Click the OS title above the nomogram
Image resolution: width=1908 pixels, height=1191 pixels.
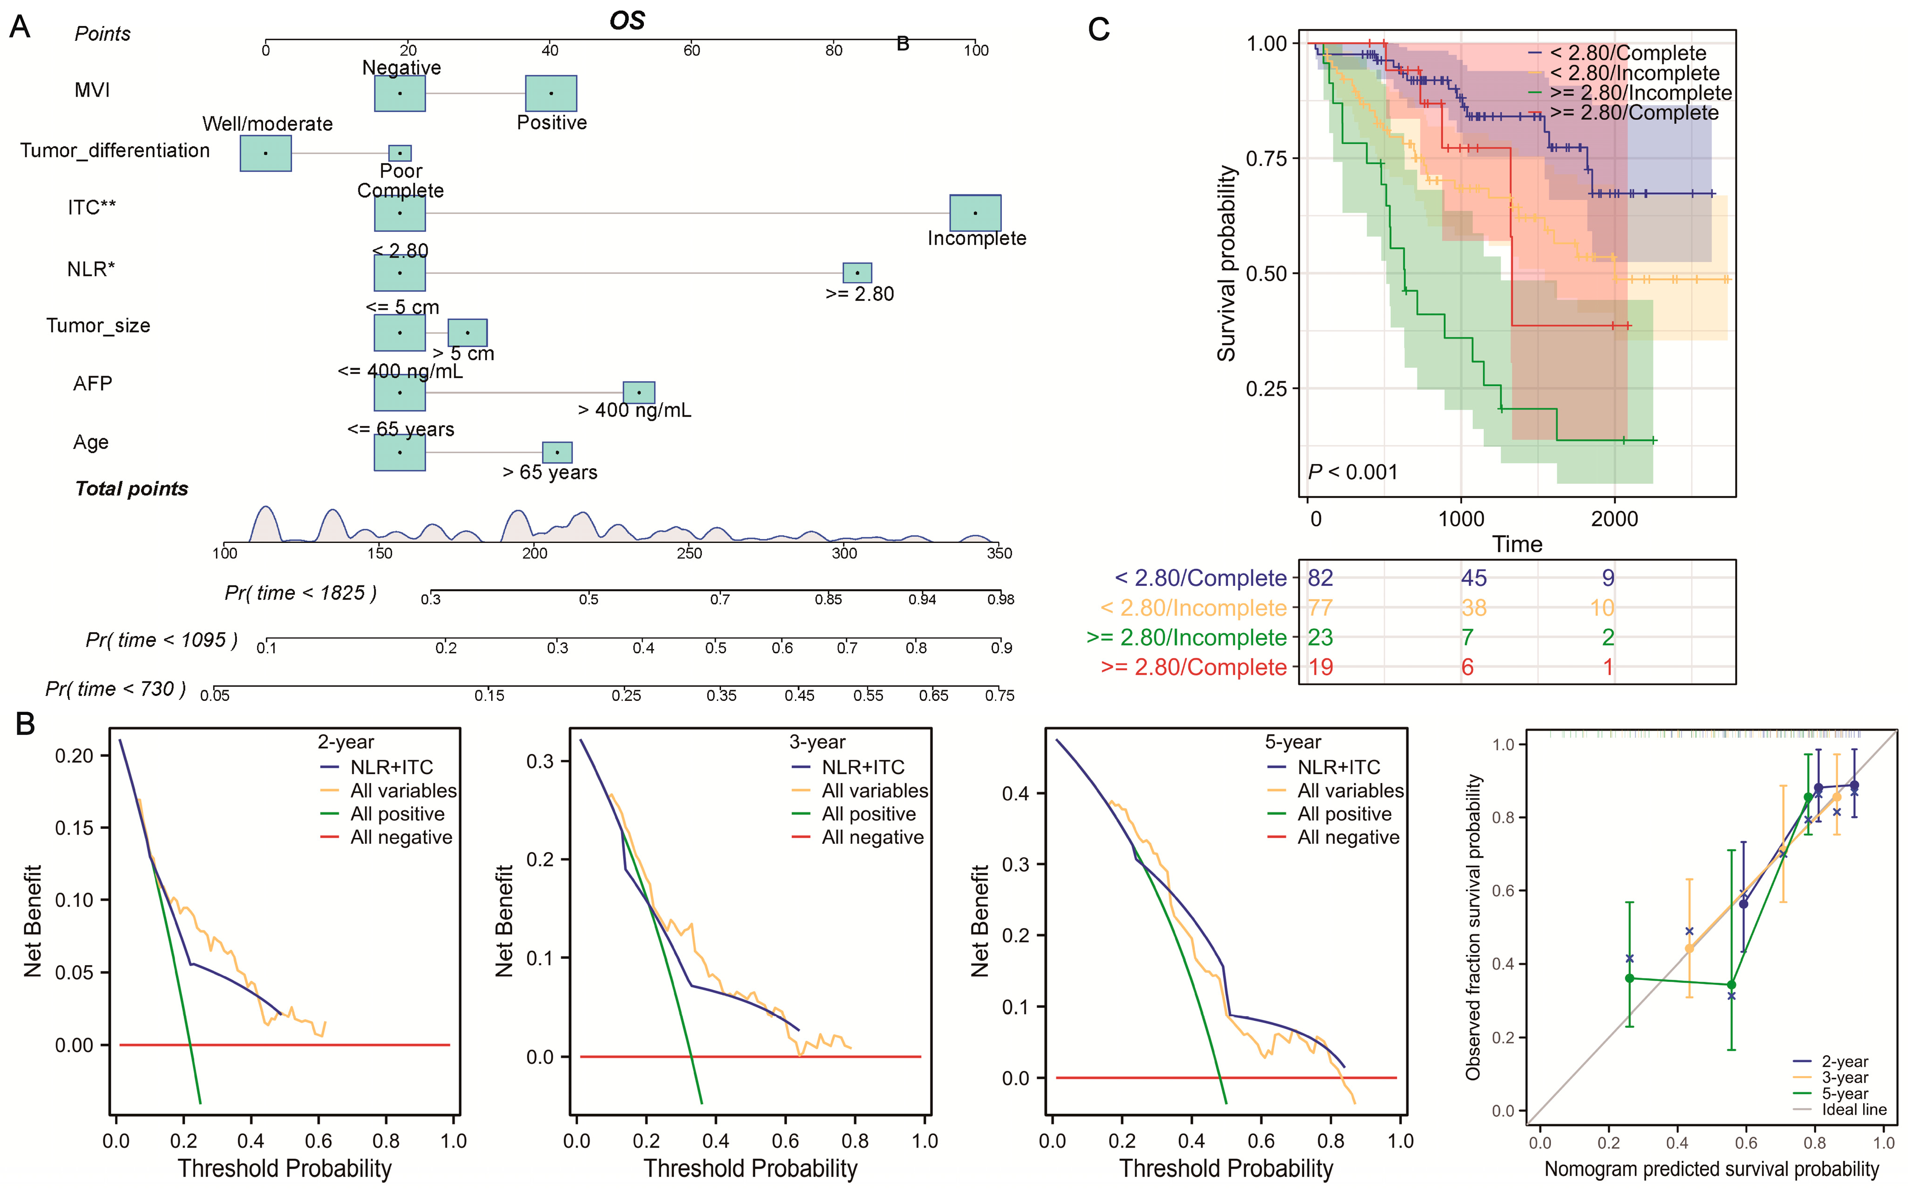627,21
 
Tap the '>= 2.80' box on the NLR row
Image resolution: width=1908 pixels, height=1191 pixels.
857,272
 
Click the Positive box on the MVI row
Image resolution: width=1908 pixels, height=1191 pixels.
550,93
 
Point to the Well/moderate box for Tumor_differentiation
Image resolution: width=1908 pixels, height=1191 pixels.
265,153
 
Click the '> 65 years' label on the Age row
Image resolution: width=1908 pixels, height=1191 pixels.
550,473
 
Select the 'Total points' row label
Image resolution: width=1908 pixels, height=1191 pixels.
132,489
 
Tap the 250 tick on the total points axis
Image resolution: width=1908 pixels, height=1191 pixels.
689,553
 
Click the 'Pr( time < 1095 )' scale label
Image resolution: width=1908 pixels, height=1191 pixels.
162,641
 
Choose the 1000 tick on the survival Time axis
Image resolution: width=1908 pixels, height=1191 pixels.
1461,519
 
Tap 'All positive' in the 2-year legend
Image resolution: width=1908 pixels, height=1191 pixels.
397,813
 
